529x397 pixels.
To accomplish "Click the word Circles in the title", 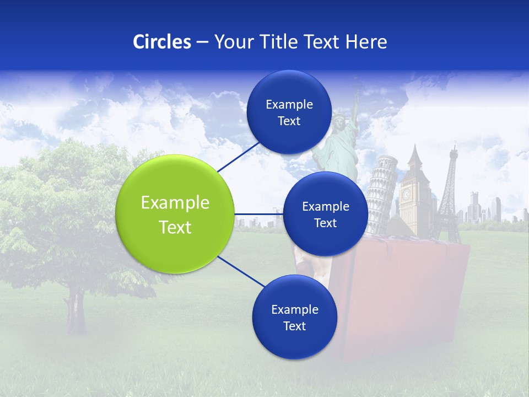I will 161,42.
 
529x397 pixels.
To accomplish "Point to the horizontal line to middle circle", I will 259,214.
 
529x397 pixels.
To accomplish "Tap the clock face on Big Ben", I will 407,194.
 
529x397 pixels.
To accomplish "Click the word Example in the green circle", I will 175,203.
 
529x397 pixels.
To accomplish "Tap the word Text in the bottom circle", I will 294,326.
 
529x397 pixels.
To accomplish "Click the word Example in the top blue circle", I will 289,104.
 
